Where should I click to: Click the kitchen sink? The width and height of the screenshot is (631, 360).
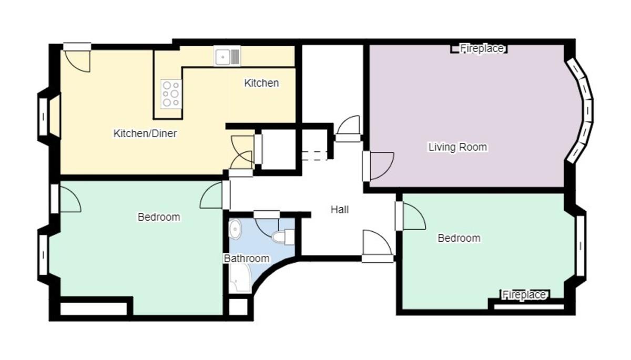(227, 56)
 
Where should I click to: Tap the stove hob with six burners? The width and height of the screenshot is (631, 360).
(171, 94)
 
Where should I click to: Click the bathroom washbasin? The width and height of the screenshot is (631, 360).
(235, 229)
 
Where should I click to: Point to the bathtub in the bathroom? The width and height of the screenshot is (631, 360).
(239, 278)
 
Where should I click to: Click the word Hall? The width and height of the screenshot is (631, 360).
(340, 210)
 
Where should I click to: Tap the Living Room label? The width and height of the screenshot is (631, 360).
(457, 147)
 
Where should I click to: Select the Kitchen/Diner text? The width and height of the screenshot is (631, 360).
(145, 133)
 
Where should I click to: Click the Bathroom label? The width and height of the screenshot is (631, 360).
(247, 259)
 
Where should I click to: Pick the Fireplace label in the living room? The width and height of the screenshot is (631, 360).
(482, 49)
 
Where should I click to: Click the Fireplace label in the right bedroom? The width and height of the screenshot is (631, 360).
(524, 295)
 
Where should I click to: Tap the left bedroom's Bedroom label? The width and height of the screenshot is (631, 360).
(159, 217)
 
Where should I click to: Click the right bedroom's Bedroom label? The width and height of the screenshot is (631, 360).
(459, 238)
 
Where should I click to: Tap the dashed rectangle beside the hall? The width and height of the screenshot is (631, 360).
(314, 156)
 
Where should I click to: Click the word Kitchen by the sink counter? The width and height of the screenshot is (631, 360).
(261, 84)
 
